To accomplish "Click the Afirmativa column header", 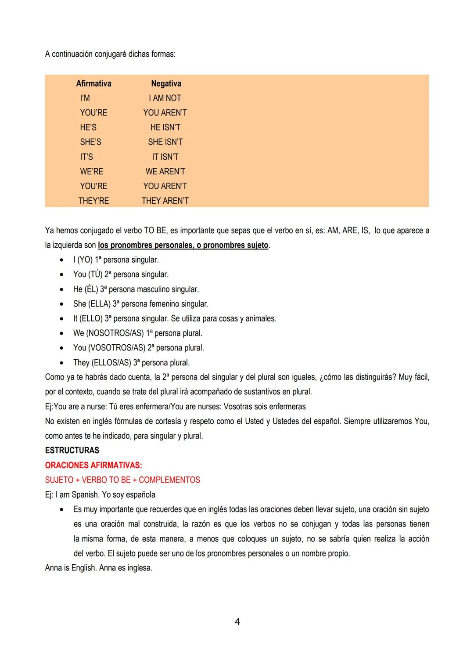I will click(x=93, y=83).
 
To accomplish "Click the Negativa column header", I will click(x=166, y=83).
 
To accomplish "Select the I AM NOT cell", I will click(x=165, y=98).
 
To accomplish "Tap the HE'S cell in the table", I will click(x=88, y=127).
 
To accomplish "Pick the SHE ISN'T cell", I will click(x=165, y=142).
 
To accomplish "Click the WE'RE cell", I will click(x=91, y=172).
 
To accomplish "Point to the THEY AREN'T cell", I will click(x=165, y=201).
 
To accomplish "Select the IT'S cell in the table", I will click(x=86, y=157).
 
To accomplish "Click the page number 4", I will click(x=237, y=622).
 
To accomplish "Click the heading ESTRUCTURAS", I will click(x=72, y=451).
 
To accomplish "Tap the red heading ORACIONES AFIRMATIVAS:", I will click(x=93, y=465).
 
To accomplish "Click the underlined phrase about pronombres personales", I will click(x=183, y=245).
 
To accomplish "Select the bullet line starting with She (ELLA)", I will click(x=140, y=304).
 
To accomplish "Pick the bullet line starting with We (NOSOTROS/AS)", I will click(x=137, y=333).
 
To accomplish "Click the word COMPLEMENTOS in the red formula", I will click(x=169, y=480).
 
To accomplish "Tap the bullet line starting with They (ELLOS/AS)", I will click(x=131, y=363).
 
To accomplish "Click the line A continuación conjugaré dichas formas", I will click(x=110, y=54).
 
